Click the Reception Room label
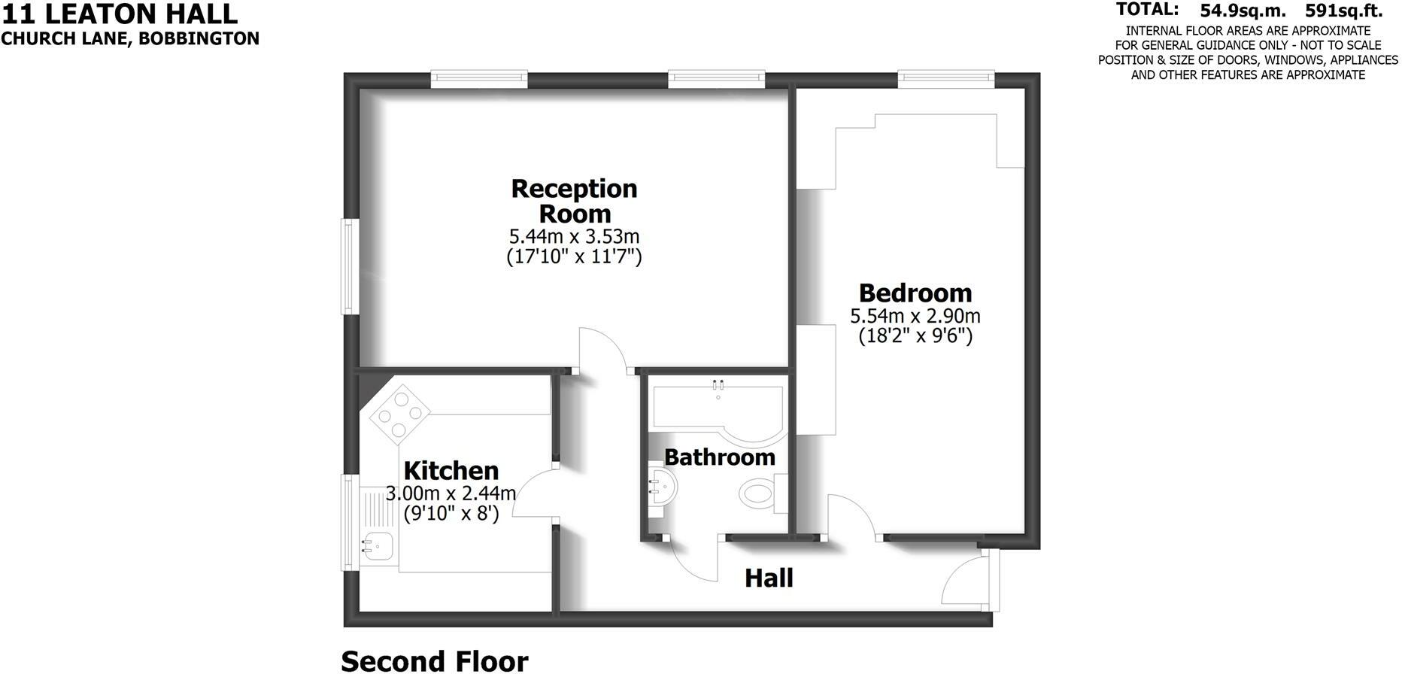574,200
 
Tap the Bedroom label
915,293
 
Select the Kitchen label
451,471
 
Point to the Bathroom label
719,457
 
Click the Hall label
769,578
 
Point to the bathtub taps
718,385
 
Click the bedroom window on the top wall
946,78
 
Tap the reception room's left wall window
348,266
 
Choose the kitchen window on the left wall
348,522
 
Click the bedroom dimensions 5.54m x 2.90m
915,316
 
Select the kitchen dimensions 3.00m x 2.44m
451,493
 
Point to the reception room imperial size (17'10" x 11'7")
574,257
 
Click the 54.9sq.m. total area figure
1243,11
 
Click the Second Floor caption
435,661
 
